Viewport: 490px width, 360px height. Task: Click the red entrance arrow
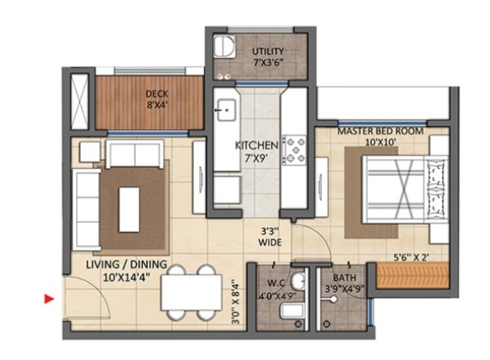point(48,299)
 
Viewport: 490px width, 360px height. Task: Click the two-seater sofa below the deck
point(135,153)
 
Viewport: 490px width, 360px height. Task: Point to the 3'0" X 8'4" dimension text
point(235,300)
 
